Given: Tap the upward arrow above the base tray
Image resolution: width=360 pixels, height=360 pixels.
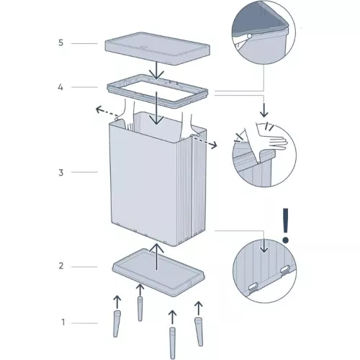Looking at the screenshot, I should pos(156,256).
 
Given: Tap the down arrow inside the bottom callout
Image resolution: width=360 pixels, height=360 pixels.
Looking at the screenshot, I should pos(264,246).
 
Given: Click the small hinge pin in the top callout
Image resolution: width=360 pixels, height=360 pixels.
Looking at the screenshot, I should pos(248,34).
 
